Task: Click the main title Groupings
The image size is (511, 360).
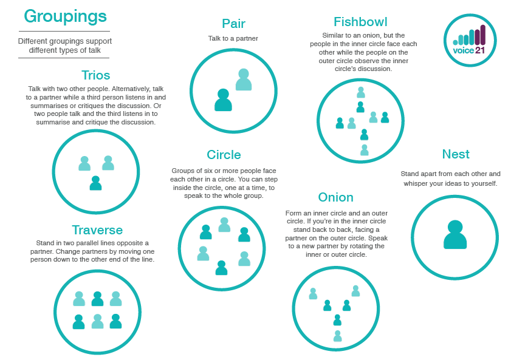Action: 65,17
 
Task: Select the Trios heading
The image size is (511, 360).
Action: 95,75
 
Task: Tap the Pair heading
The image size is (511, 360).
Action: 233,24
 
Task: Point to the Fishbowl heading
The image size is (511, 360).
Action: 360,22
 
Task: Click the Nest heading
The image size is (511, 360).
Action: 456,154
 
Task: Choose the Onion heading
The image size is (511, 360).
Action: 335,197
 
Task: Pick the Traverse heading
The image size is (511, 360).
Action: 97,230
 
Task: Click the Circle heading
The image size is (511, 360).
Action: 224,155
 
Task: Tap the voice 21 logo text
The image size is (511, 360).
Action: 469,50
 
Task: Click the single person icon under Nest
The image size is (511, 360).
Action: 455,235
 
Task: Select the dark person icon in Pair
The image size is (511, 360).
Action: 223,100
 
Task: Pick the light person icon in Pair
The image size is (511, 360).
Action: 244,80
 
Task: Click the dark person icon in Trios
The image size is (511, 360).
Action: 95,183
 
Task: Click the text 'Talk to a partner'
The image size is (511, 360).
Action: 233,38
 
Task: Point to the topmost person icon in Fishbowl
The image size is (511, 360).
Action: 361,92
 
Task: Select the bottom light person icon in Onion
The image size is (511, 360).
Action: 338,336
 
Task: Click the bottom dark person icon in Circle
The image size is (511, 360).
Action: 222,268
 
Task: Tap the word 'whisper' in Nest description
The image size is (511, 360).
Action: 416,183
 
